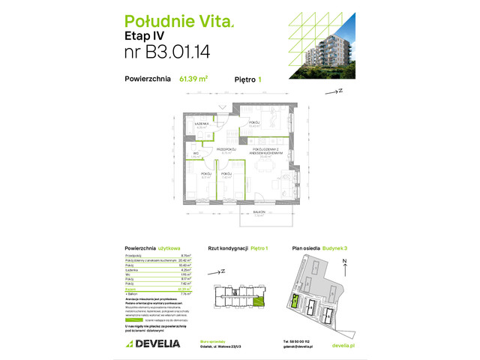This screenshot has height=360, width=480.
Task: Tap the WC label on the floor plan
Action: (195, 154)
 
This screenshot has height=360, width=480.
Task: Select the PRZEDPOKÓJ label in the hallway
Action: (226, 150)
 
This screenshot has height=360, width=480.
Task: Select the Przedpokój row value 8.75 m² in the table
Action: (185, 256)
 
